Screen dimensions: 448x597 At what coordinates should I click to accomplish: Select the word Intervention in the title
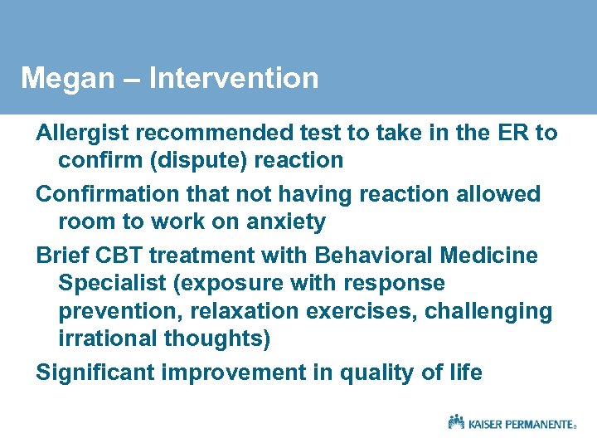click(x=235, y=78)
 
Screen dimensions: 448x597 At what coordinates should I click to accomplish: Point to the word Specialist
click(x=112, y=283)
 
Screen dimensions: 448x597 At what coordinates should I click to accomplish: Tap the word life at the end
click(x=465, y=373)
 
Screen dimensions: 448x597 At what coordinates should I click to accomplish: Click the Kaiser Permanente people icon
click(x=457, y=421)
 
